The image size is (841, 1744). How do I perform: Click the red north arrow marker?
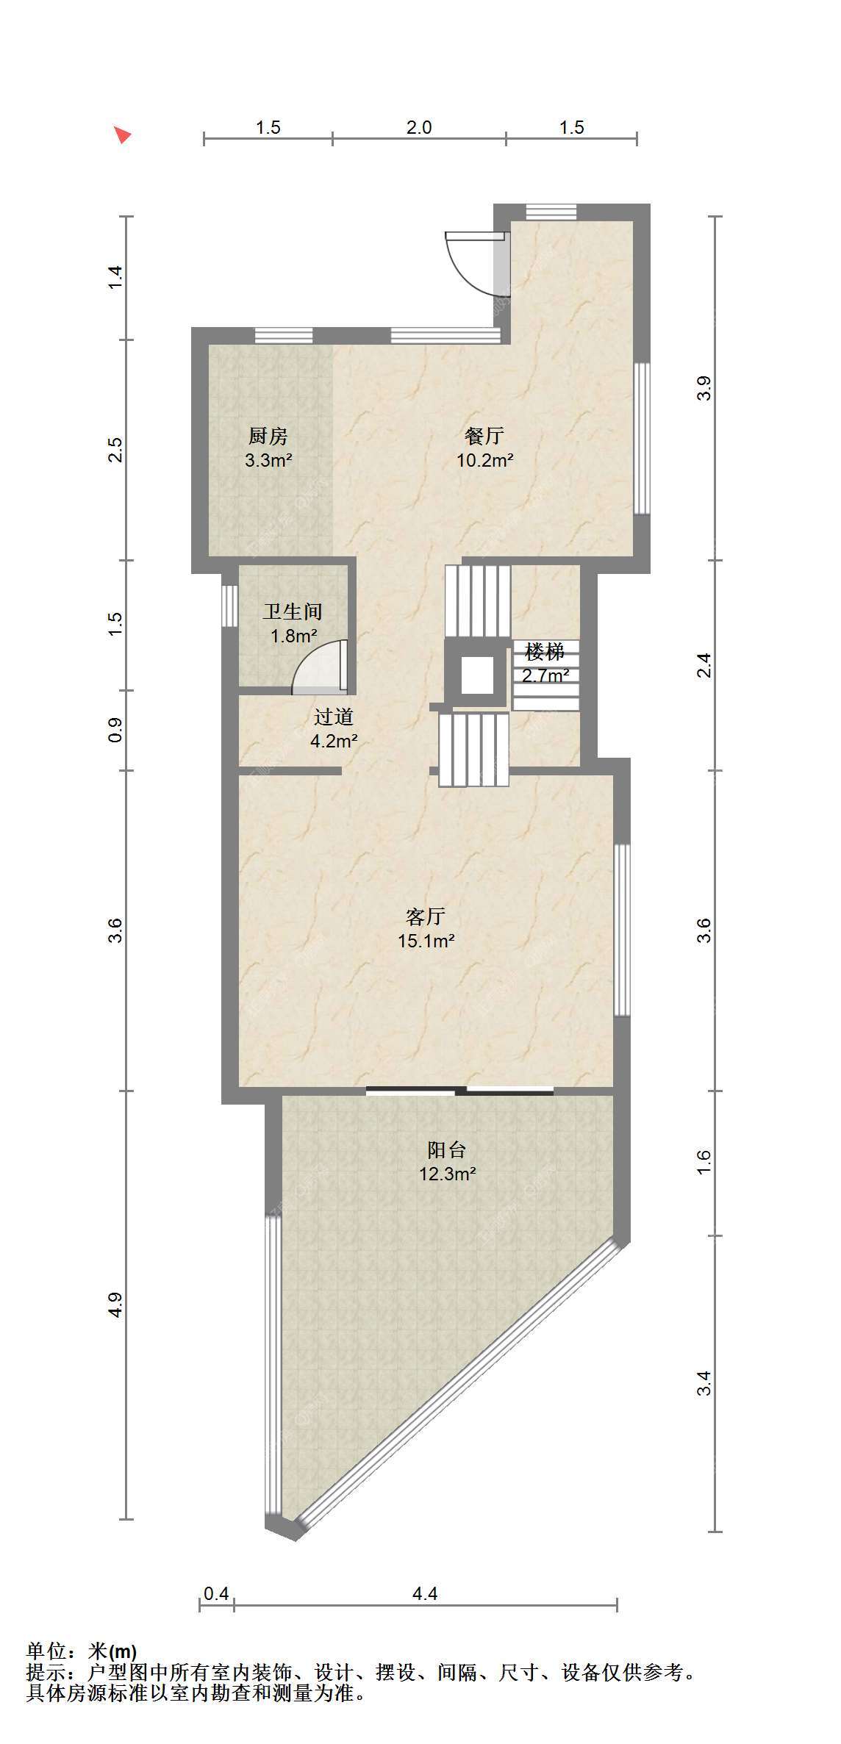click(x=124, y=134)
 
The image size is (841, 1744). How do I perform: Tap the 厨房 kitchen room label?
click(x=268, y=437)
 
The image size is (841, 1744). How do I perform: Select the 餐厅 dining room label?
click(x=484, y=436)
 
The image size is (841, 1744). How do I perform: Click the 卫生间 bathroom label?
click(x=293, y=611)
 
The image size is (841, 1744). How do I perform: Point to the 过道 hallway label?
click(x=334, y=717)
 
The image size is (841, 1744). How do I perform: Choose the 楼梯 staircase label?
click(x=545, y=651)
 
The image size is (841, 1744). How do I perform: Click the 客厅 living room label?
click(x=426, y=916)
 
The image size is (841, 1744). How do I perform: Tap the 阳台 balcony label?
click(x=447, y=1149)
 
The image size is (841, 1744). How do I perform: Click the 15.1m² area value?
click(x=426, y=941)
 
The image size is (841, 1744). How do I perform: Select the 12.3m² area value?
click(x=448, y=1174)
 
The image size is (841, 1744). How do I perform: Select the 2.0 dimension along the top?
click(x=419, y=128)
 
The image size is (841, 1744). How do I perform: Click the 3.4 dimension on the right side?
click(x=704, y=1383)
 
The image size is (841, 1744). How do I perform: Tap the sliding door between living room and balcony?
click(x=460, y=1090)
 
